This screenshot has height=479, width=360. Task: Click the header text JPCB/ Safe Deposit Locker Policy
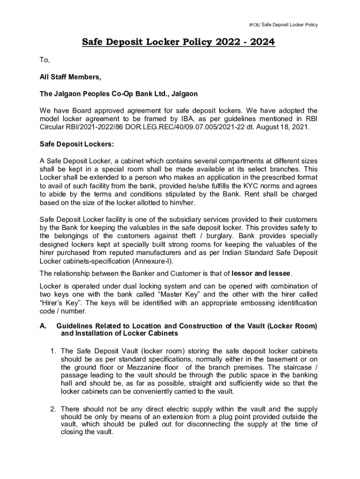tap(283, 24)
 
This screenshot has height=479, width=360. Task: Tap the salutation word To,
tap(45, 60)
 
